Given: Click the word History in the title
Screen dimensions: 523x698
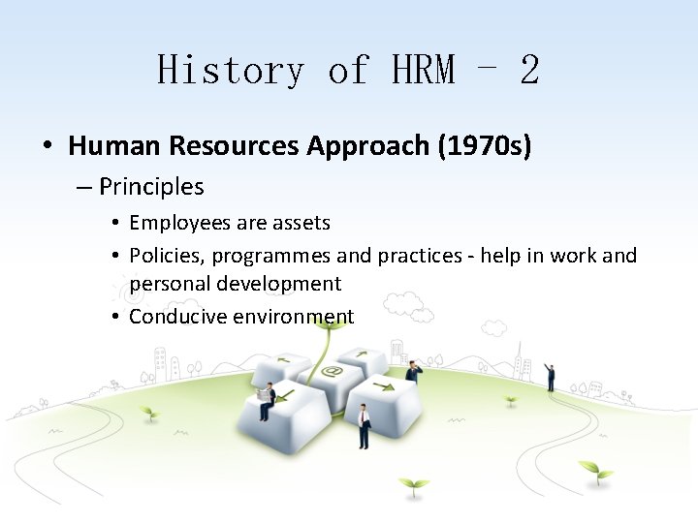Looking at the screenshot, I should (231, 71).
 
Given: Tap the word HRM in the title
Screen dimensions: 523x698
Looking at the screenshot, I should (423, 71).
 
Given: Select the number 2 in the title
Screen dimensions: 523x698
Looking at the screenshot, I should (529, 71).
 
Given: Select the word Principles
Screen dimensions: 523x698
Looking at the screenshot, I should (151, 186).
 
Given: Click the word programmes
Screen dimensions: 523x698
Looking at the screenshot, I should (270, 257).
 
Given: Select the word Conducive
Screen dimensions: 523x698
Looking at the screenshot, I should (174, 317).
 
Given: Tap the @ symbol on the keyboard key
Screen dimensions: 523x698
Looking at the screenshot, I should (333, 371).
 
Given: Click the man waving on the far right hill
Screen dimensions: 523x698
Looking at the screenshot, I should (550, 376).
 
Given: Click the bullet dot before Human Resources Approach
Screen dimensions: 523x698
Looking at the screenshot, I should (47, 147).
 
